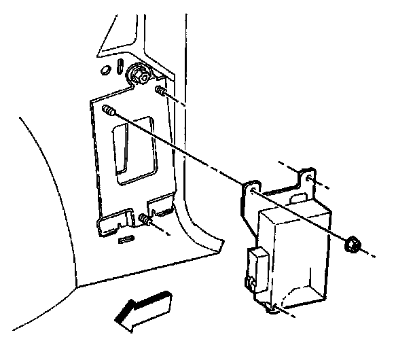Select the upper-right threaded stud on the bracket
162,92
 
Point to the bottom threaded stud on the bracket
145,219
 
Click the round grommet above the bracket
141,74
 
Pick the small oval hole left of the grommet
105,70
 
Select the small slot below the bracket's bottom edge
127,239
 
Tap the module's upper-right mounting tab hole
309,178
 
